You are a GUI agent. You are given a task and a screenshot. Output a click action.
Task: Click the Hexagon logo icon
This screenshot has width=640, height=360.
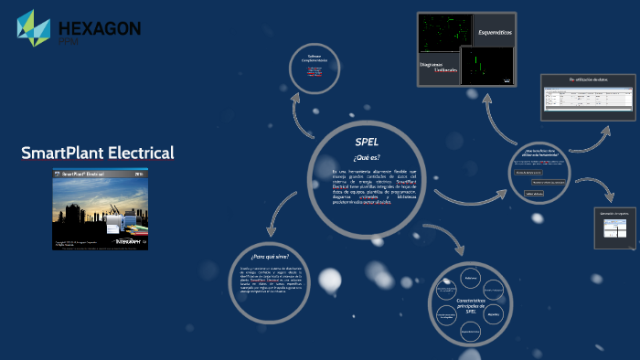tap(34, 28)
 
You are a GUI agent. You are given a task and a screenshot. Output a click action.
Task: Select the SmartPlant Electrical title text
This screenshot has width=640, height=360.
tap(98, 153)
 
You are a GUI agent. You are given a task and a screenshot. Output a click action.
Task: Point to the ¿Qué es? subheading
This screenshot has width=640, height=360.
tap(366, 157)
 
